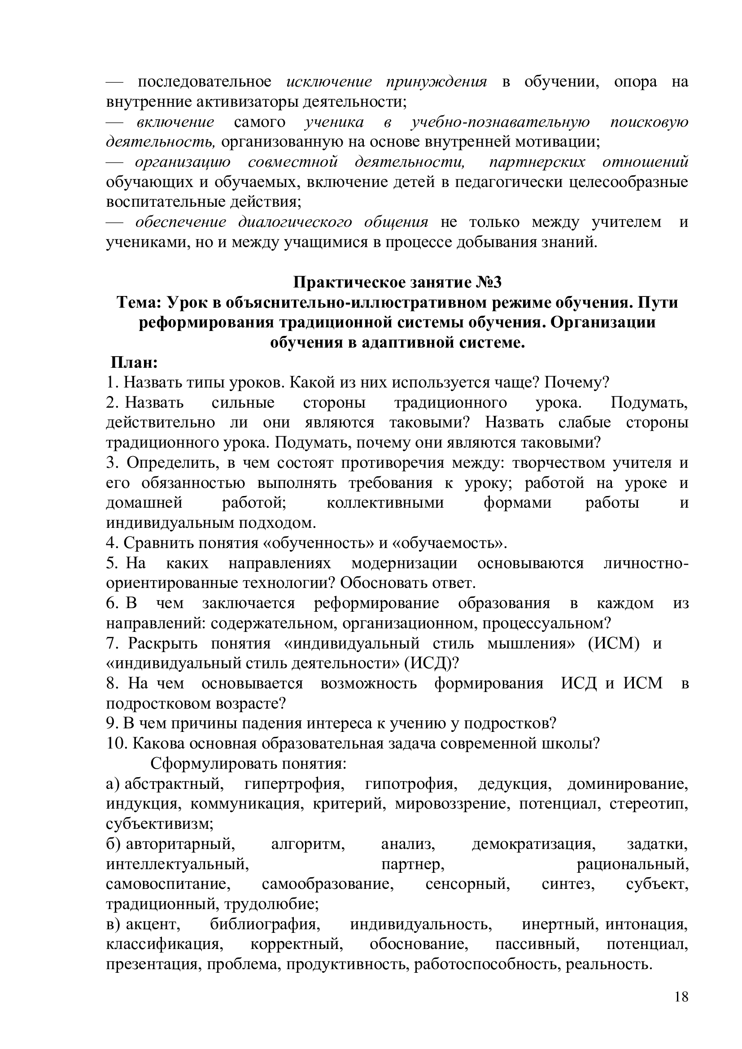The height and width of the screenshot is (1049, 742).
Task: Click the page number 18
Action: click(x=681, y=1009)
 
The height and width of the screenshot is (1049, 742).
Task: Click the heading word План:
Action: click(x=134, y=363)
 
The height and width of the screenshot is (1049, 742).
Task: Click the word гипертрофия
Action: click(x=293, y=784)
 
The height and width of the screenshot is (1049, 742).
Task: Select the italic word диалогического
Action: click(x=295, y=222)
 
